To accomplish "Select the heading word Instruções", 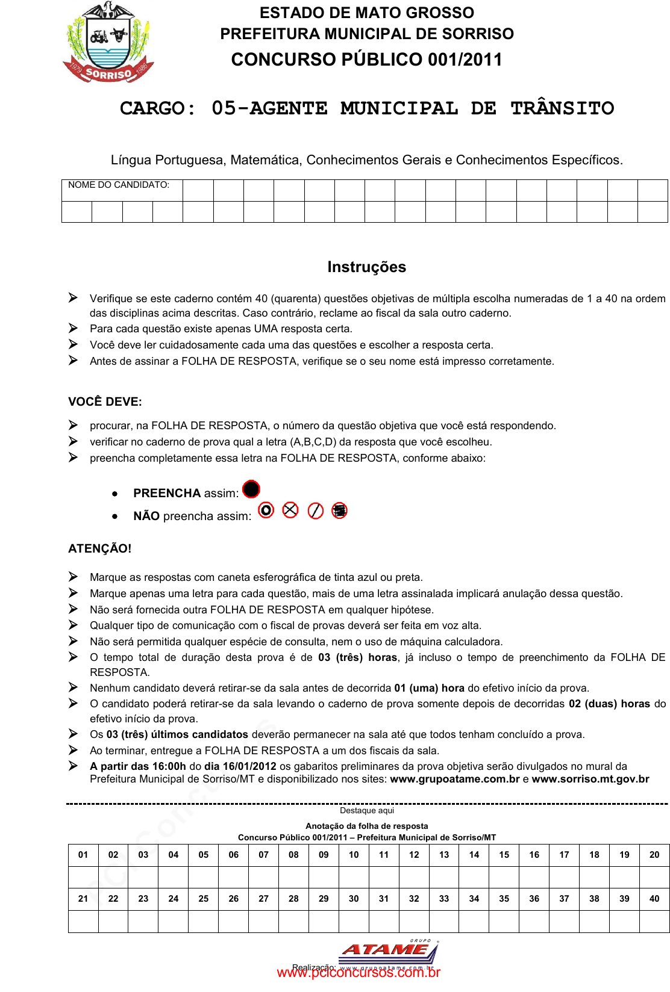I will coord(366,267).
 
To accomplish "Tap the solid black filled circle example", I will coord(251,489).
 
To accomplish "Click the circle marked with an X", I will coord(290,510).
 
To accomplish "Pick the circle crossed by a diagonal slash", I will coord(316,511).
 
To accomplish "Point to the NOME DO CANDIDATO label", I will coord(119,185).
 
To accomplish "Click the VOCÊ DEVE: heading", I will coord(105,402).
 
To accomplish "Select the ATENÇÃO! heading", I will coord(100,549).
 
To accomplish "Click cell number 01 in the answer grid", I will coord(83,855).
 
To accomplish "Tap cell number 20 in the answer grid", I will coord(654,855).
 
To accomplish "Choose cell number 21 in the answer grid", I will coord(83,899).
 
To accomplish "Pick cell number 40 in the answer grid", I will coord(654,899).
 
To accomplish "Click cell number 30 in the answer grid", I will coord(354,899).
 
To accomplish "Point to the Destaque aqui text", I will coord(366,811).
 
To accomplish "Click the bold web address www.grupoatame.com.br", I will coord(455,780).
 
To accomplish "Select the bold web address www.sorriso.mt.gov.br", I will coord(590,780).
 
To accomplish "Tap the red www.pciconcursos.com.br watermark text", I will coord(358,973).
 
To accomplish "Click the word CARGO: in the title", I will coord(158,109).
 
